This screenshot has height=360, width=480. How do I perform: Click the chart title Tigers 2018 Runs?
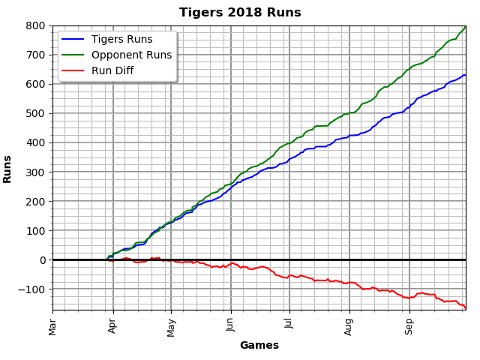tap(240, 13)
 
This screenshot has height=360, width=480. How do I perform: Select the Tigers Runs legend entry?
tap(121, 40)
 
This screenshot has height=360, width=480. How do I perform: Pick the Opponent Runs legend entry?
tap(131, 55)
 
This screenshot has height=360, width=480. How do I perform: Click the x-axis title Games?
tap(259, 346)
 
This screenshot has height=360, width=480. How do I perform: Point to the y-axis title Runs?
tap(8, 169)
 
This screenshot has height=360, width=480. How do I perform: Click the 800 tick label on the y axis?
tap(37, 25)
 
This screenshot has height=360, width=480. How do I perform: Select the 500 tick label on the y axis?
tap(37, 113)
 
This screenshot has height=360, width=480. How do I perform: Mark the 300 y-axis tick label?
tap(37, 172)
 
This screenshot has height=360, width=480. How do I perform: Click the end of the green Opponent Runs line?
tap(466, 27)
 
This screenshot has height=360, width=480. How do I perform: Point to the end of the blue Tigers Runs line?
tap(466, 75)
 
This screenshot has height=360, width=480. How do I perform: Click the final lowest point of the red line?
tap(466, 308)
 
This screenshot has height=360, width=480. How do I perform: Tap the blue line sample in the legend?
tap(73, 40)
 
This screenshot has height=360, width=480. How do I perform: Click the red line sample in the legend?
tap(73, 71)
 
